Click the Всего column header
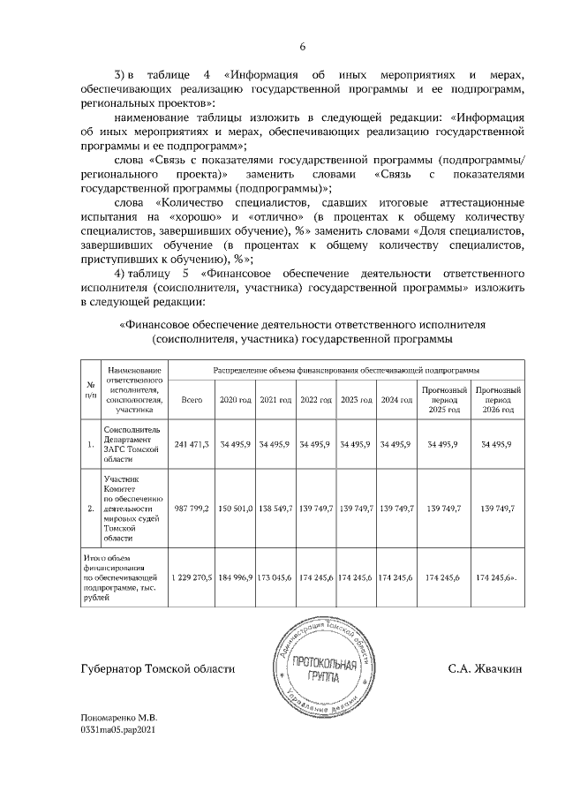coord(192,400)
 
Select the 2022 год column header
coord(315,400)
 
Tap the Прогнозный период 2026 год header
coord(497,400)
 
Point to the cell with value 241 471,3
coord(192,443)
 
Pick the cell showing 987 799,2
coord(192,509)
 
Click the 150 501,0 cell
coord(236,509)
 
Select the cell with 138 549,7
coord(275,509)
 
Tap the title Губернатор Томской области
coord(157,669)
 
